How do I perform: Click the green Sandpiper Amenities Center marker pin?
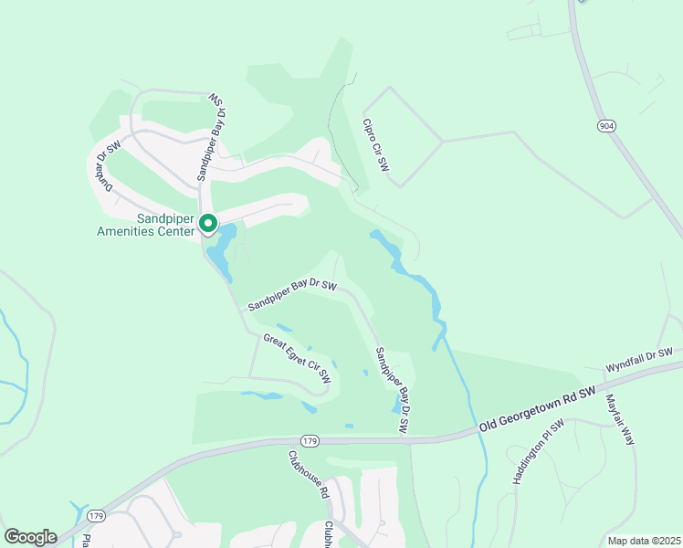pyautogui.click(x=208, y=223)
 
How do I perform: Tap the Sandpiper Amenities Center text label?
pyautogui.click(x=145, y=225)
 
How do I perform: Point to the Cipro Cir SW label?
pyautogui.click(x=376, y=145)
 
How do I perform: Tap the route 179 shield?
pyautogui.click(x=310, y=441)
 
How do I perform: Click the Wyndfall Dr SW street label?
pyautogui.click(x=638, y=360)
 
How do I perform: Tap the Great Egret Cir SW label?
pyautogui.click(x=297, y=358)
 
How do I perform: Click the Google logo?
pyautogui.click(x=30, y=537)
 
